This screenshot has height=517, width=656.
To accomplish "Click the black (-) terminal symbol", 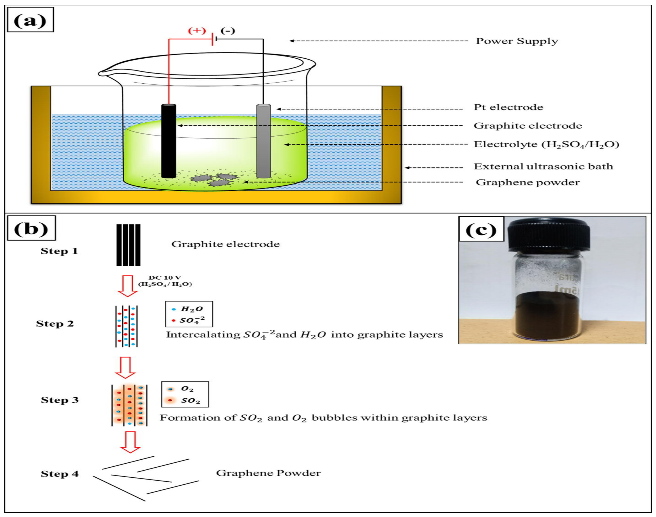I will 228,31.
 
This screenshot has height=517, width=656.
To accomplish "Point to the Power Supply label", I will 517,41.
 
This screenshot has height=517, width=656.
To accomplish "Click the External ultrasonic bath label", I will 543,166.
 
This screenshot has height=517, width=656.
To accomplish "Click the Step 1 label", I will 59,251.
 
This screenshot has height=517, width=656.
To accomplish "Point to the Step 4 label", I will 60,474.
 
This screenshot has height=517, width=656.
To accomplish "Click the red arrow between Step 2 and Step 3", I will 125,367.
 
